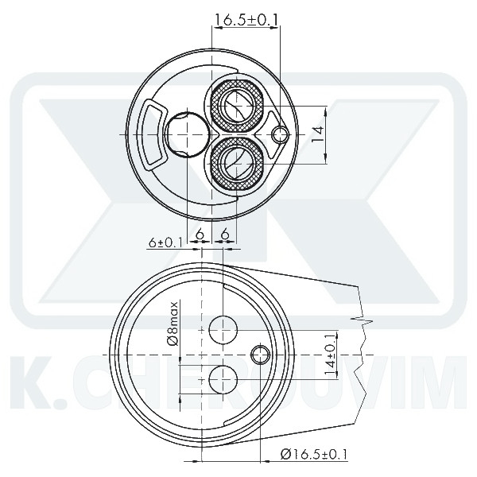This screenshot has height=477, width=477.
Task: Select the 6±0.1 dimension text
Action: [165, 242]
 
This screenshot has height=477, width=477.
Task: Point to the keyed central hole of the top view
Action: [186, 134]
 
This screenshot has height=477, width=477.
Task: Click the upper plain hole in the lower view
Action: [223, 328]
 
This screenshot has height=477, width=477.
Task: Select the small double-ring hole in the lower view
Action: [259, 353]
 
